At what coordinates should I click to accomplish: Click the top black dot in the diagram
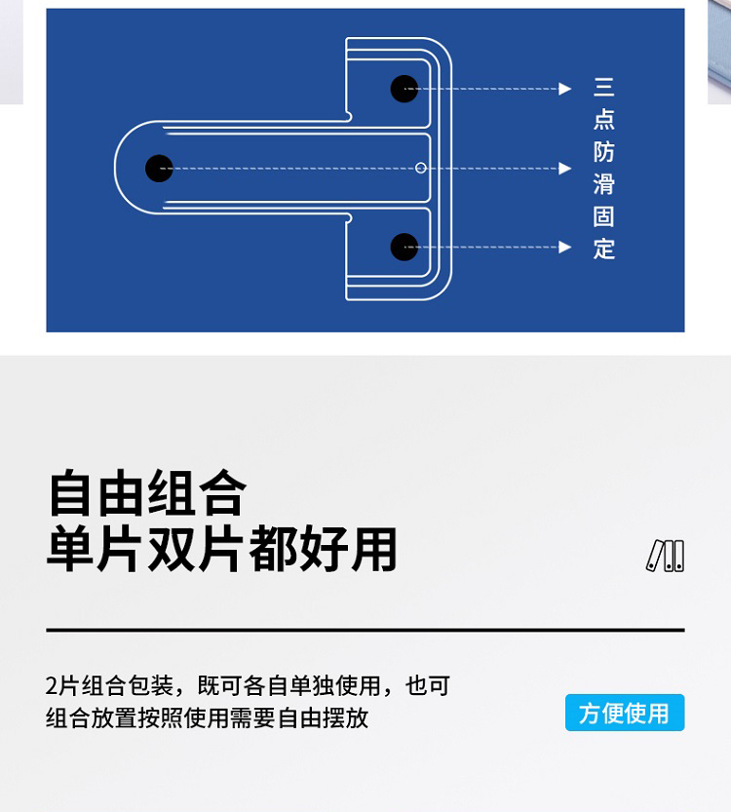(x=404, y=89)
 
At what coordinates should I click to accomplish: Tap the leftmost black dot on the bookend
(x=159, y=168)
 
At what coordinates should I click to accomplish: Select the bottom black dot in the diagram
(x=404, y=247)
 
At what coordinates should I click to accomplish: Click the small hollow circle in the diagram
(x=421, y=168)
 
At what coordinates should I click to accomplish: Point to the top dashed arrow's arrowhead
(x=565, y=89)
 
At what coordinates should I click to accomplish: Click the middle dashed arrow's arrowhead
(x=565, y=168)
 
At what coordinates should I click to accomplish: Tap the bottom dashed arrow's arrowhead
(x=565, y=247)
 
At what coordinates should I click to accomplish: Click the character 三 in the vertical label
(x=604, y=88)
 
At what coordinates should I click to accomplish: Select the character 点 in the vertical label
(x=604, y=120)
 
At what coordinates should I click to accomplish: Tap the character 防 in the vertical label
(x=604, y=152)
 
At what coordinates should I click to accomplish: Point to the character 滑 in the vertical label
(x=604, y=184)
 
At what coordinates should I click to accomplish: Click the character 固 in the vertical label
(x=604, y=216)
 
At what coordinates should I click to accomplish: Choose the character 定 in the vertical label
(x=604, y=249)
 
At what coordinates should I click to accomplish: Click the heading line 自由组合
(x=147, y=493)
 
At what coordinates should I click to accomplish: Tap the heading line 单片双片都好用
(x=222, y=550)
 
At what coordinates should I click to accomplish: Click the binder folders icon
(x=666, y=556)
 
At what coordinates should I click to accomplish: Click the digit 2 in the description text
(x=52, y=685)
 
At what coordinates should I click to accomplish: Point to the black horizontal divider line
(x=365, y=631)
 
